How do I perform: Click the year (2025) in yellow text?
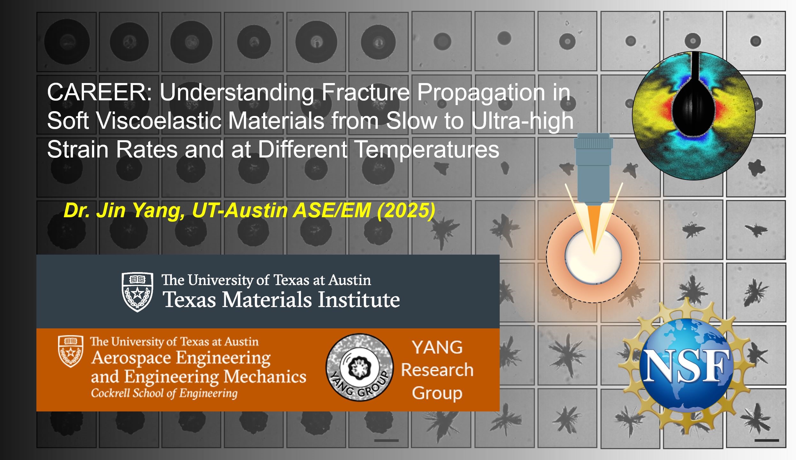(x=406, y=211)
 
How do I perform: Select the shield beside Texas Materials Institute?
(x=138, y=292)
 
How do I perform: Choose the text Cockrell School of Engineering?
(x=164, y=393)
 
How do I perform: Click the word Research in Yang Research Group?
(x=437, y=370)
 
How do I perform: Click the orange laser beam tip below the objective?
(x=594, y=252)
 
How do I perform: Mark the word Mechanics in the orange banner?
(x=265, y=377)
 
